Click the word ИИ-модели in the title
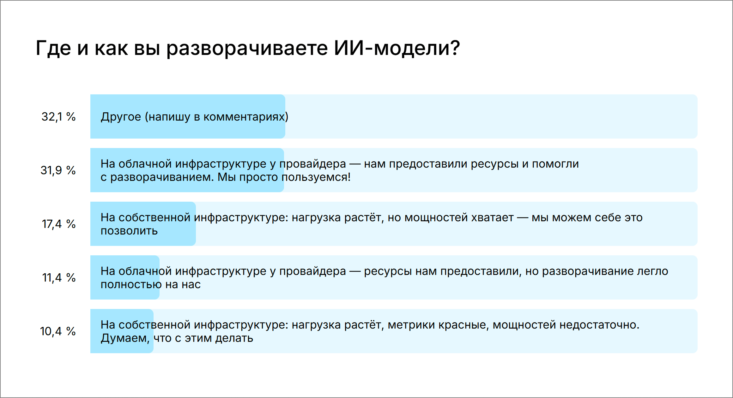397,48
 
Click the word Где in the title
53,48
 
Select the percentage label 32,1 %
58,117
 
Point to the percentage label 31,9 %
58,170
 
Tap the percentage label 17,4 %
58,224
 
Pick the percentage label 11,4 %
59,278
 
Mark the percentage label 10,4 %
58,331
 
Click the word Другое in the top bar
121,117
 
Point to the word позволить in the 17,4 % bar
129,231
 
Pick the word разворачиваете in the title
247,48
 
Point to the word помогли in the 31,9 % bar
555,164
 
